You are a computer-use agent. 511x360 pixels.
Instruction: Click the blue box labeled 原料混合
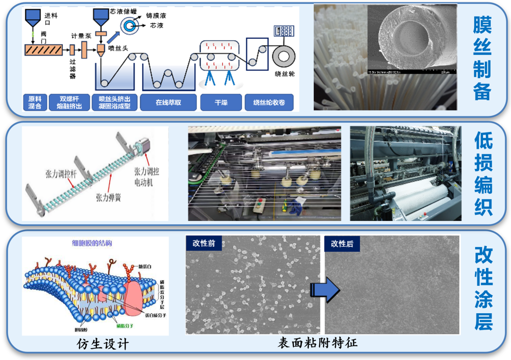[35, 102]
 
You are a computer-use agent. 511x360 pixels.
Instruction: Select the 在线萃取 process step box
[168, 102]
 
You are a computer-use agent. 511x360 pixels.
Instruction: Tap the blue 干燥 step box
[221, 102]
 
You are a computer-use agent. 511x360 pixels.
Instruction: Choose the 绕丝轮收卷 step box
[269, 102]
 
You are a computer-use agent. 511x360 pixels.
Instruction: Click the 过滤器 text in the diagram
[73, 69]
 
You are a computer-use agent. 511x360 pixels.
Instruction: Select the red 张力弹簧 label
[107, 197]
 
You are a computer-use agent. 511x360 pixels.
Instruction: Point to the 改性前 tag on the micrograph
[204, 244]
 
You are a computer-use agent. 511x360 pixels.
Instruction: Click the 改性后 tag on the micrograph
[342, 244]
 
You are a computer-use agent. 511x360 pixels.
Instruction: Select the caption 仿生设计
[103, 343]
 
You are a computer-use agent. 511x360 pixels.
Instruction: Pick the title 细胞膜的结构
[93, 244]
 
